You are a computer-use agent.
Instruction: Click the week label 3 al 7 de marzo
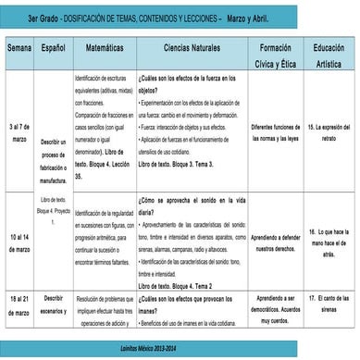point(19,130)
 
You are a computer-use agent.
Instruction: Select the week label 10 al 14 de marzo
point(19,242)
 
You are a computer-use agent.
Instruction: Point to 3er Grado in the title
point(47,19)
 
